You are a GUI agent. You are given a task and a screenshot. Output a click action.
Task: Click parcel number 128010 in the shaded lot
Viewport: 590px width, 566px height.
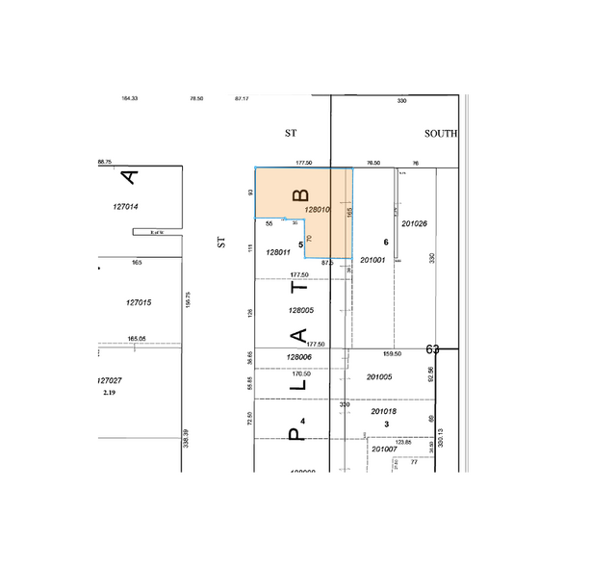[318, 209]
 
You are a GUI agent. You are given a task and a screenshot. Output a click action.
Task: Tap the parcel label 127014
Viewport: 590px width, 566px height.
[126, 206]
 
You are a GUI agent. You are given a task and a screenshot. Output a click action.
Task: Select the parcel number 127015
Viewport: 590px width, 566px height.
[139, 302]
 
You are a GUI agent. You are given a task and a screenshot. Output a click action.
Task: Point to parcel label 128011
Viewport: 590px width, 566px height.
[278, 251]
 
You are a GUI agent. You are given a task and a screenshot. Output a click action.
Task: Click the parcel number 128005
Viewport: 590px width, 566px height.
[300, 310]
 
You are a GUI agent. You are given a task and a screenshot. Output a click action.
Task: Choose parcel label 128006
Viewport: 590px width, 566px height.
[299, 357]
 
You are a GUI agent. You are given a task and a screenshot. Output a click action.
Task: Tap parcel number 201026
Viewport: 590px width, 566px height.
[414, 223]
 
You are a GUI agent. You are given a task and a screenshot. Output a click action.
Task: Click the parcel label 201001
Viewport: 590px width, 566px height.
[372, 260]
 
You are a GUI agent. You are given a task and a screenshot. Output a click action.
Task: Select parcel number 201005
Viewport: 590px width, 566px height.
[379, 376]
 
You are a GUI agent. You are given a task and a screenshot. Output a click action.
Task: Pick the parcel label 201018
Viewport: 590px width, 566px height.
[384, 411]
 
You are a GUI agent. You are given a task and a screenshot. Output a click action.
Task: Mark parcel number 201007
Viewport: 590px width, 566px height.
[384, 449]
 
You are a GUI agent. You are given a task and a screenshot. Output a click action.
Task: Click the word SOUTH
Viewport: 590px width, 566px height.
[442, 134]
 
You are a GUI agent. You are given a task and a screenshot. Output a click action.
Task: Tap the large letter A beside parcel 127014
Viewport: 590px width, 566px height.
[130, 177]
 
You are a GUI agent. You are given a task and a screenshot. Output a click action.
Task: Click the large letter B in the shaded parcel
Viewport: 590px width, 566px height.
[297, 195]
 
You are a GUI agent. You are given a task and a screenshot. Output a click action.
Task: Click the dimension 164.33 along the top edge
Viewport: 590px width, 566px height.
[130, 98]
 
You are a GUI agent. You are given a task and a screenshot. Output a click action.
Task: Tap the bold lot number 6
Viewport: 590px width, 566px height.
[385, 242]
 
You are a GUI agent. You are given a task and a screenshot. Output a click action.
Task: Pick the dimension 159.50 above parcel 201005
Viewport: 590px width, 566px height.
[392, 353]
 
